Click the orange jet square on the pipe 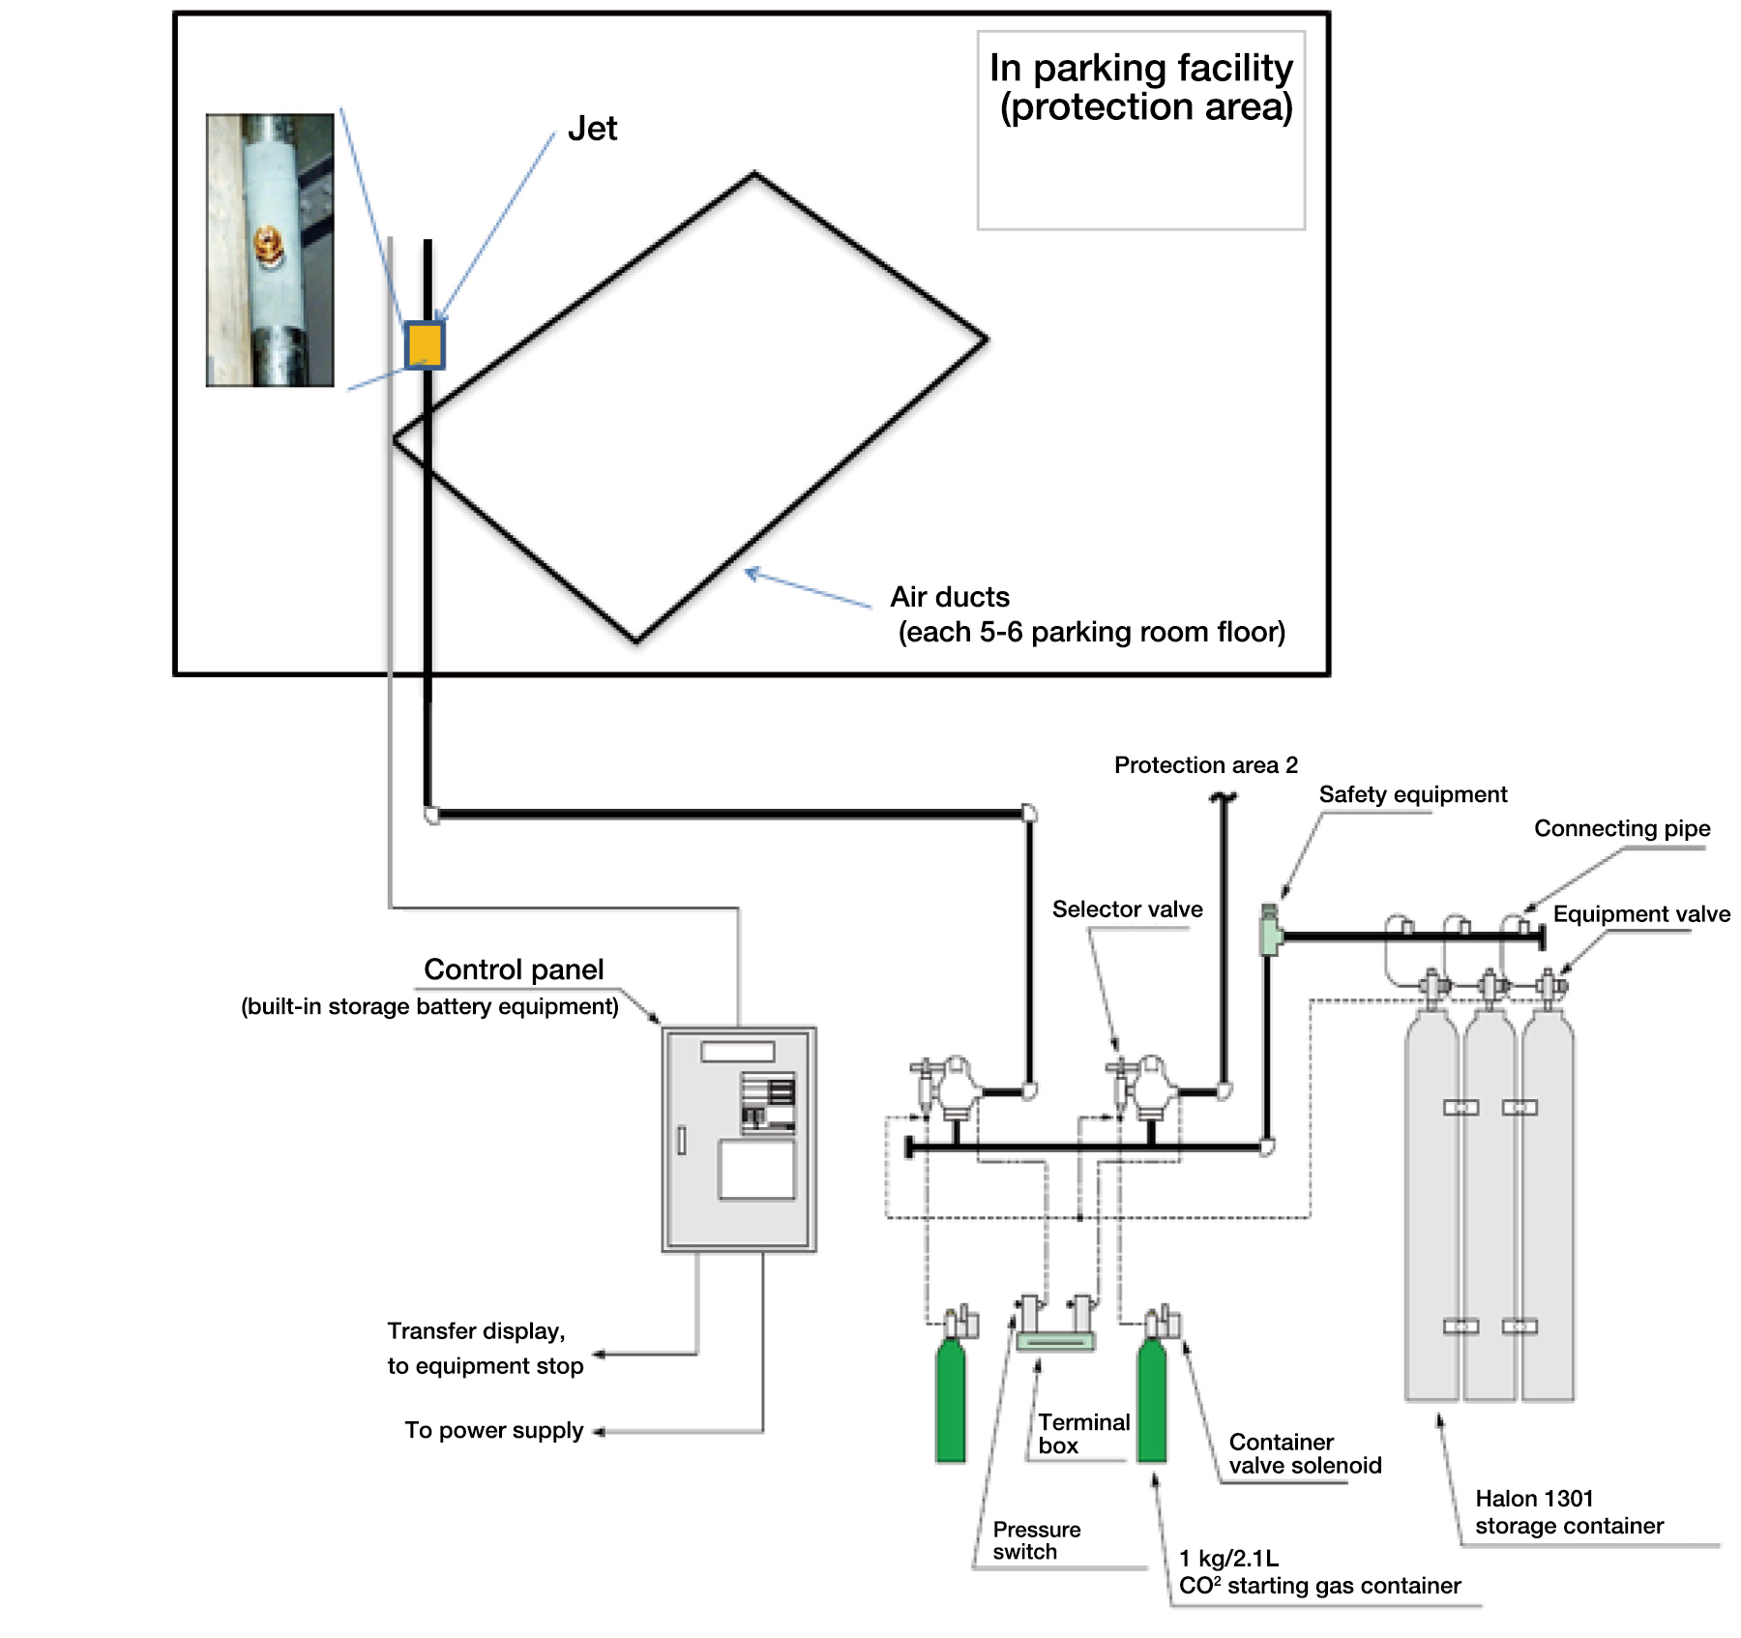click(425, 344)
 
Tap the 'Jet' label click(592, 129)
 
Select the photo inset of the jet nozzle click(270, 251)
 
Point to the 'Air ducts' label click(950, 597)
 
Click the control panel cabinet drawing click(739, 1139)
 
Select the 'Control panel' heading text click(514, 969)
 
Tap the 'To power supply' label click(493, 1430)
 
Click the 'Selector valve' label click(1127, 909)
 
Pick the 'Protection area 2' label click(1205, 765)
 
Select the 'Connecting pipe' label click(1622, 828)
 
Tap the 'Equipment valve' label click(1641, 914)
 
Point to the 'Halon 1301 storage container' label click(1569, 1512)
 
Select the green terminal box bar click(1054, 1341)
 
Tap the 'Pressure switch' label click(1036, 1540)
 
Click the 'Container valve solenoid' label click(1305, 1453)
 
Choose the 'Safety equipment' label click(1412, 794)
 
